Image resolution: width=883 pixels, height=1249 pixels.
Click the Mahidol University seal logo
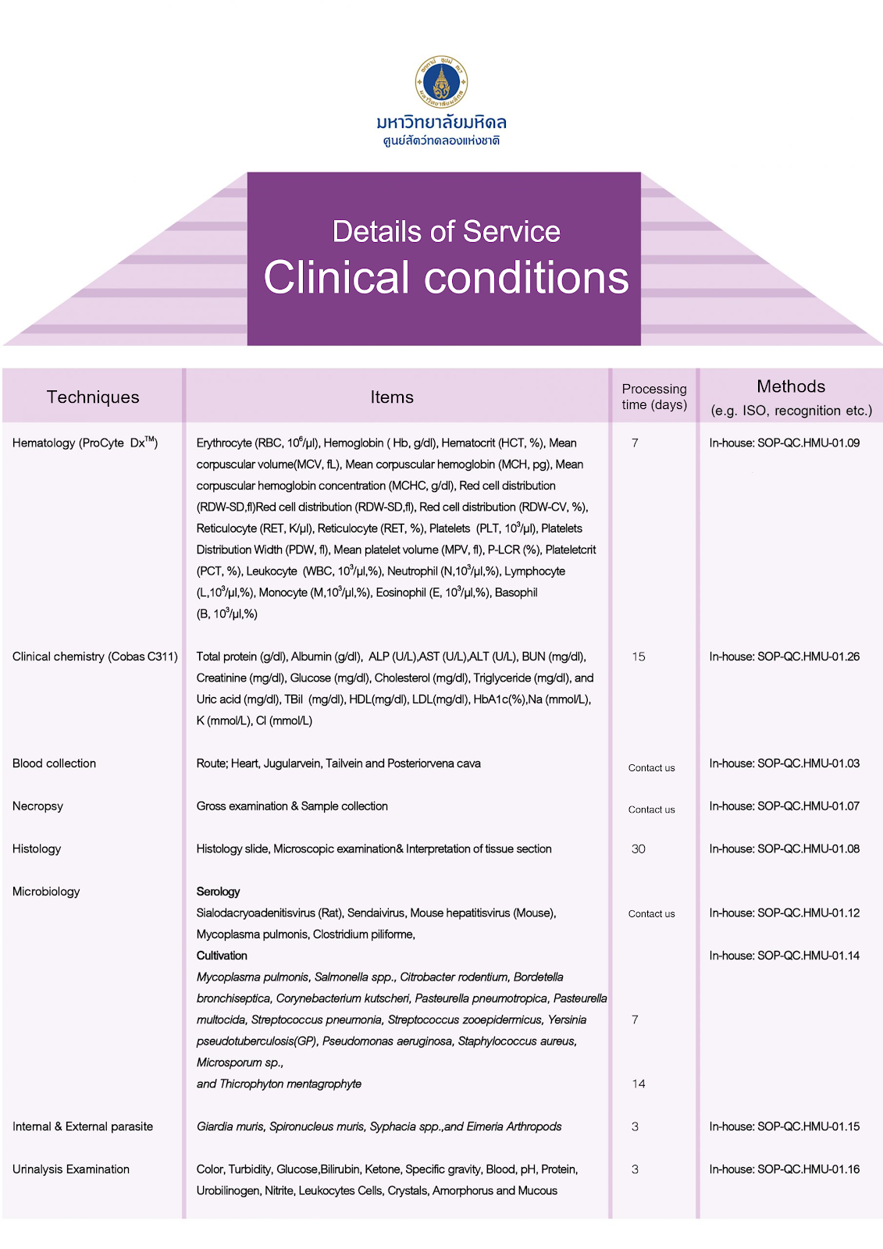click(441, 81)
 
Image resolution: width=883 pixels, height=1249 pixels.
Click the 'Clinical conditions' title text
click(446, 278)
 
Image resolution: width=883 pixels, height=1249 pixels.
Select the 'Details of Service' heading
click(446, 231)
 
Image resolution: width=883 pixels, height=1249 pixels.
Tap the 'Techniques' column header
click(93, 397)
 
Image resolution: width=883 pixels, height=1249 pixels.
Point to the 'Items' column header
click(392, 397)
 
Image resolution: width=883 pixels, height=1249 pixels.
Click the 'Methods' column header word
click(791, 386)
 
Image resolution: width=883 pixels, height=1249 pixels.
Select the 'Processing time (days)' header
click(654, 397)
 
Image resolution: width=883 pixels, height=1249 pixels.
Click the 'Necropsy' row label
click(37, 806)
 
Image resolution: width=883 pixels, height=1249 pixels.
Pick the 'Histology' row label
click(37, 849)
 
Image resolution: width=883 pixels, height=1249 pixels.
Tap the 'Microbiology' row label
click(46, 891)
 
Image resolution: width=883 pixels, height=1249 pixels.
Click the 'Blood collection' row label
click(54, 763)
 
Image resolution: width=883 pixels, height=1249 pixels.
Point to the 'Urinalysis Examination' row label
click(71, 1169)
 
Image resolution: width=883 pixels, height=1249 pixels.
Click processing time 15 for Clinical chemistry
click(639, 657)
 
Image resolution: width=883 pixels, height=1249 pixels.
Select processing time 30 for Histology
click(639, 849)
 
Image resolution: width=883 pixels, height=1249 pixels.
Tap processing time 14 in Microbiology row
click(639, 1084)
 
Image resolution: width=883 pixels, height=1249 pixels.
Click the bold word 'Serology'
click(218, 891)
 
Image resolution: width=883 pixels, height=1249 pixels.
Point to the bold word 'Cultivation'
click(222, 955)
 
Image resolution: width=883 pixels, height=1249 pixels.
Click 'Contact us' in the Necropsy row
click(651, 810)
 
